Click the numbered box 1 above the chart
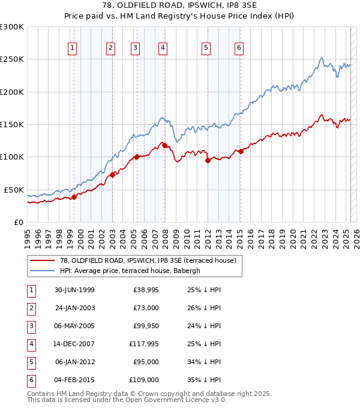point(73,49)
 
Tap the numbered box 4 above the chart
point(163,49)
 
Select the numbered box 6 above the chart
point(239,49)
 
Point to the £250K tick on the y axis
point(12,59)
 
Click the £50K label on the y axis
point(14,190)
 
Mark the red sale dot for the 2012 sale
point(208,160)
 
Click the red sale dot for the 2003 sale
point(112,175)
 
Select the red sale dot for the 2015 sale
point(241,151)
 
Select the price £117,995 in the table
point(143,344)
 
